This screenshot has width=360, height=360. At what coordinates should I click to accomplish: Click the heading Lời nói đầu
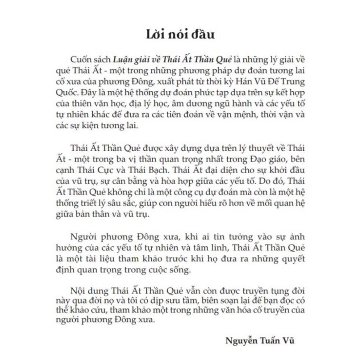[x=180, y=34]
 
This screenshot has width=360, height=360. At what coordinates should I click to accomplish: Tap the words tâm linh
[x=213, y=249]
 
